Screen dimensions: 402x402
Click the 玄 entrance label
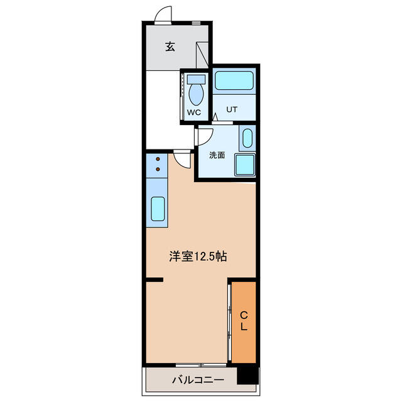point(170,46)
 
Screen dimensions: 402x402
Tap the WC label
point(194,112)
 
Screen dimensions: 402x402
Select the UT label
point(232,109)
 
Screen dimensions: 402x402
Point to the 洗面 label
point(217,155)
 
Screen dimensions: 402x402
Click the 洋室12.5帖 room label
point(198,256)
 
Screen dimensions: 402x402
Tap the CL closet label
point(244,321)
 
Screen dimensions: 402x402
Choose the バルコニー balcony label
point(198,379)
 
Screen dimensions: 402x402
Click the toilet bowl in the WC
point(196,94)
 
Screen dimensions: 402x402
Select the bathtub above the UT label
point(234,80)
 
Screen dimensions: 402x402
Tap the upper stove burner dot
point(158,159)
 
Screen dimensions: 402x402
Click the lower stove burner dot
point(158,169)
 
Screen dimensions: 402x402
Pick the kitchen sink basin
point(158,209)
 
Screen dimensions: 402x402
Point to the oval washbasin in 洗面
point(247,138)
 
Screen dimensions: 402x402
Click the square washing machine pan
point(245,165)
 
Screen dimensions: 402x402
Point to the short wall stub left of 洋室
point(155,280)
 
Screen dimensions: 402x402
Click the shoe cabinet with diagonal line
point(202,55)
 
